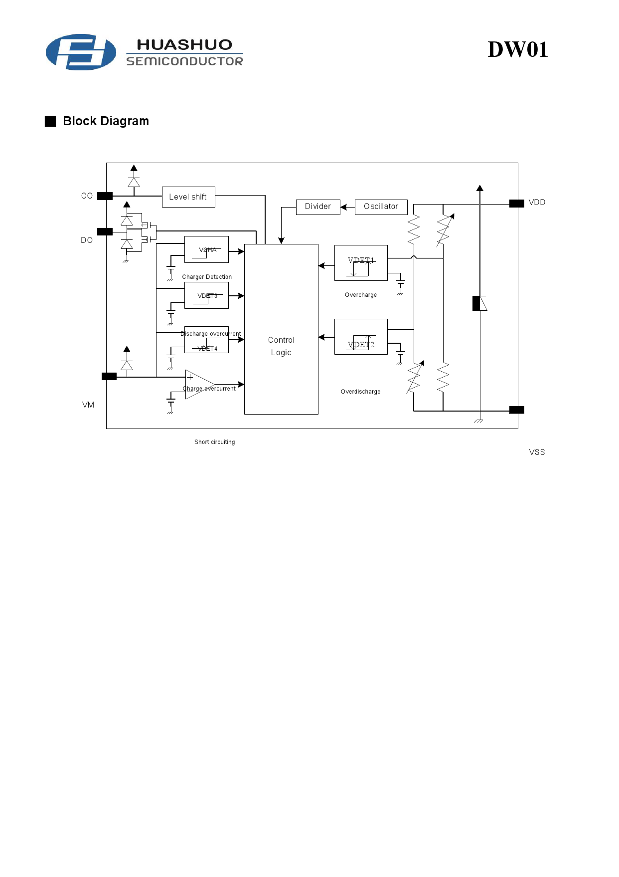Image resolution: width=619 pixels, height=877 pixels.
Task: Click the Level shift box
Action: [x=188, y=197]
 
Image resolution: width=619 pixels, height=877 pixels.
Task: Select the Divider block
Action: [x=318, y=207]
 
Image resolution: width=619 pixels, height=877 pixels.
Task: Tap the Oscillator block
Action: [x=381, y=207]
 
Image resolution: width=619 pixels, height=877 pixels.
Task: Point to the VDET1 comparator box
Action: [x=361, y=263]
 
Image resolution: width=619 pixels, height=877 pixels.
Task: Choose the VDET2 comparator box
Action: [x=361, y=337]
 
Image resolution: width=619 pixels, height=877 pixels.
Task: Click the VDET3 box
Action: [x=206, y=295]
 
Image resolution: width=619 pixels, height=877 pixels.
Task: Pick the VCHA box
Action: [x=206, y=249]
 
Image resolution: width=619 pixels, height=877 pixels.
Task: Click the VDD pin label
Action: [x=537, y=203]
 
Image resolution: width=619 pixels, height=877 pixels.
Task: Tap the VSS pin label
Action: [x=537, y=452]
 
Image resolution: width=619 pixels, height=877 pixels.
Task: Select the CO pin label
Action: [x=87, y=196]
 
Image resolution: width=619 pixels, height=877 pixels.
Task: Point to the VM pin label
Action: [x=88, y=405]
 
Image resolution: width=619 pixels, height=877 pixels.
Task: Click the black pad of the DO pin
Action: [x=105, y=231]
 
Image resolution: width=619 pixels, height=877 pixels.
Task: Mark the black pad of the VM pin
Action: [x=109, y=377]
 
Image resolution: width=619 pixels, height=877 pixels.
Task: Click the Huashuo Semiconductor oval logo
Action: [x=81, y=52]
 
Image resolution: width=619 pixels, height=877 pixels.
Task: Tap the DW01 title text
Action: [x=517, y=50]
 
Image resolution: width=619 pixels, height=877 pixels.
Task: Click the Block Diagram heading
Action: [x=106, y=121]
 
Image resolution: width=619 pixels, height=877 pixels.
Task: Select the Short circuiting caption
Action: [x=214, y=442]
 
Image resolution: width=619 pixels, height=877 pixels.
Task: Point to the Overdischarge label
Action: [x=360, y=392]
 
